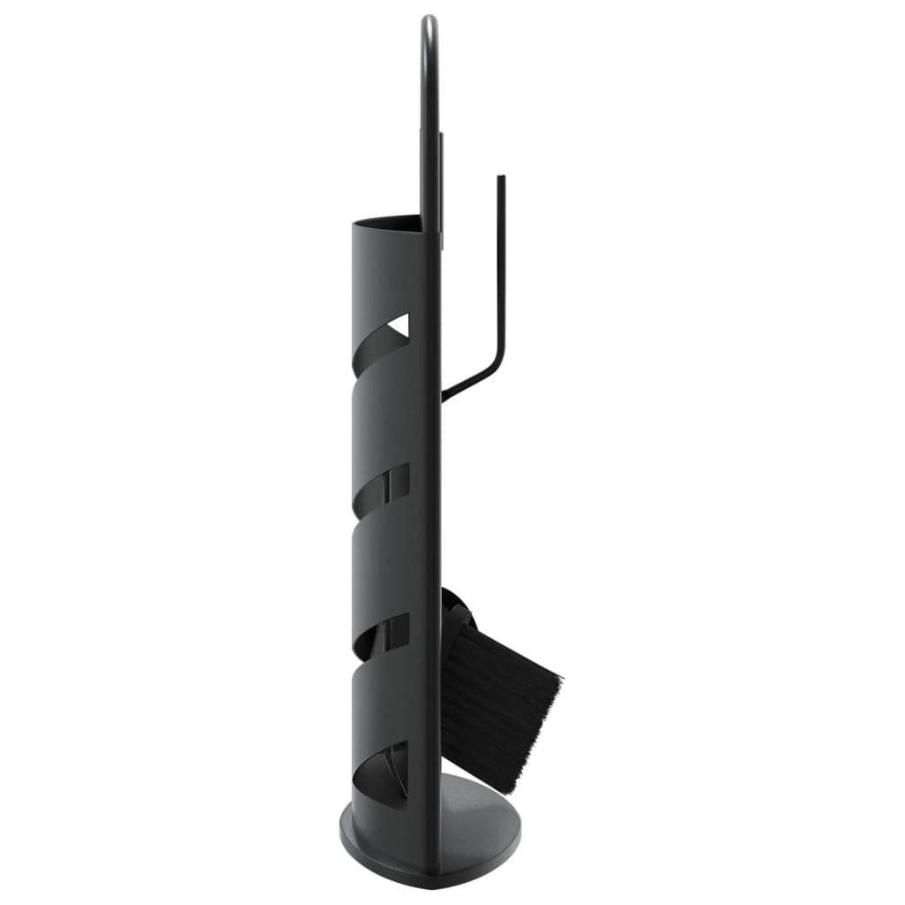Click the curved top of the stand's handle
point(429,22)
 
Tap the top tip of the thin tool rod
point(501,179)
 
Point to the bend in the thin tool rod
point(499,350)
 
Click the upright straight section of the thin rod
point(501,265)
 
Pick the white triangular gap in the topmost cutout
point(399,325)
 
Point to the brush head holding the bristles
point(460,619)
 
